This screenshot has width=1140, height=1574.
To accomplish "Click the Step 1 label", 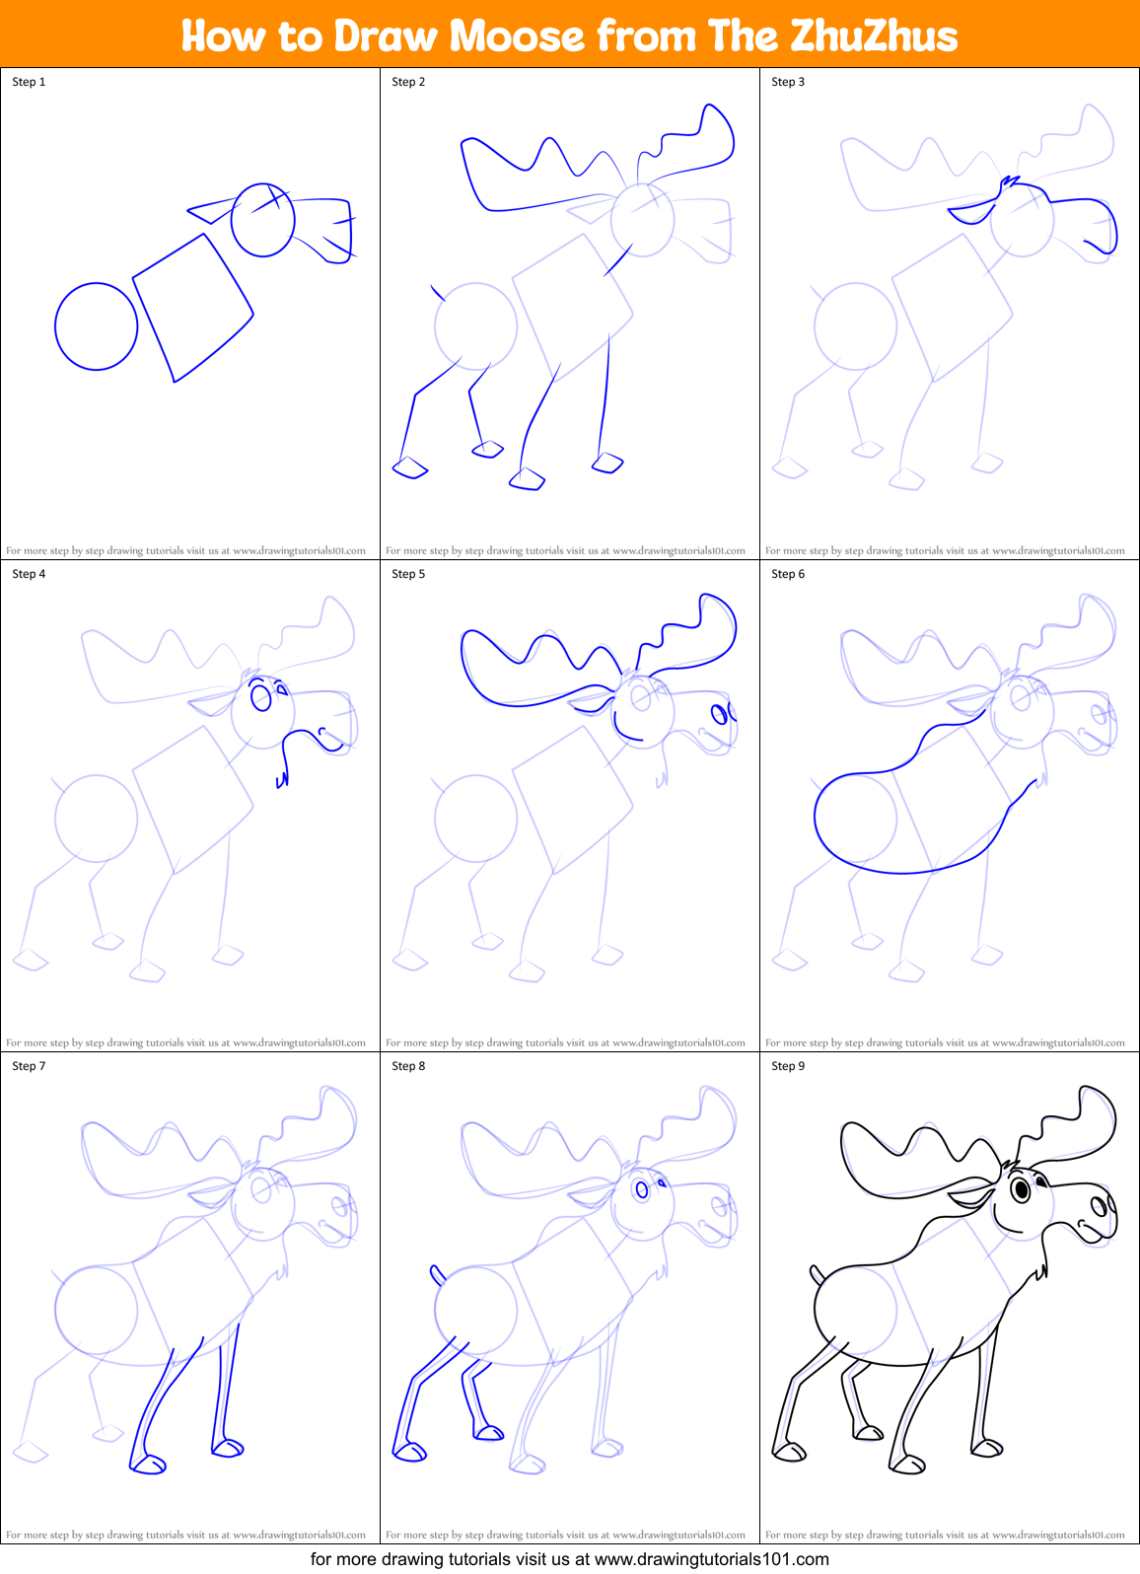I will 29,82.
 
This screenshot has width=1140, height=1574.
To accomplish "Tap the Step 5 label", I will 408,574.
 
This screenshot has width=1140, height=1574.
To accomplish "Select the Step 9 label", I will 788,1066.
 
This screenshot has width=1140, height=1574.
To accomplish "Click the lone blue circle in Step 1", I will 96,326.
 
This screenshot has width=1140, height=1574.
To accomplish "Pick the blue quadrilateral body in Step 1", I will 193,307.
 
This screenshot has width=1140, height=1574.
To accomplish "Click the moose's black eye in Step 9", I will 1022,1189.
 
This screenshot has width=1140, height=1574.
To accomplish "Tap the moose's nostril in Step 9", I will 1098,1205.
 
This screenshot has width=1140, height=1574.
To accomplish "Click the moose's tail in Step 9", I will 817,1275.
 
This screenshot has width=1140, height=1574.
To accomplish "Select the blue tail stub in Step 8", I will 437,1275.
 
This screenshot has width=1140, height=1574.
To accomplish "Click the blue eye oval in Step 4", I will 260,698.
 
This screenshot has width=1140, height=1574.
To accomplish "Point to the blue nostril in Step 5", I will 720,713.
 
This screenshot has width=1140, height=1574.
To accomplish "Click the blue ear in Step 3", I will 974,211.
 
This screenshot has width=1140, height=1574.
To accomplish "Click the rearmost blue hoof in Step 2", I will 409,467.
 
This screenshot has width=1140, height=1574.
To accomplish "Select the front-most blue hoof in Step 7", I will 149,1465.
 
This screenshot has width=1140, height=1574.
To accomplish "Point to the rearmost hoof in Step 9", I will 789,1451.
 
